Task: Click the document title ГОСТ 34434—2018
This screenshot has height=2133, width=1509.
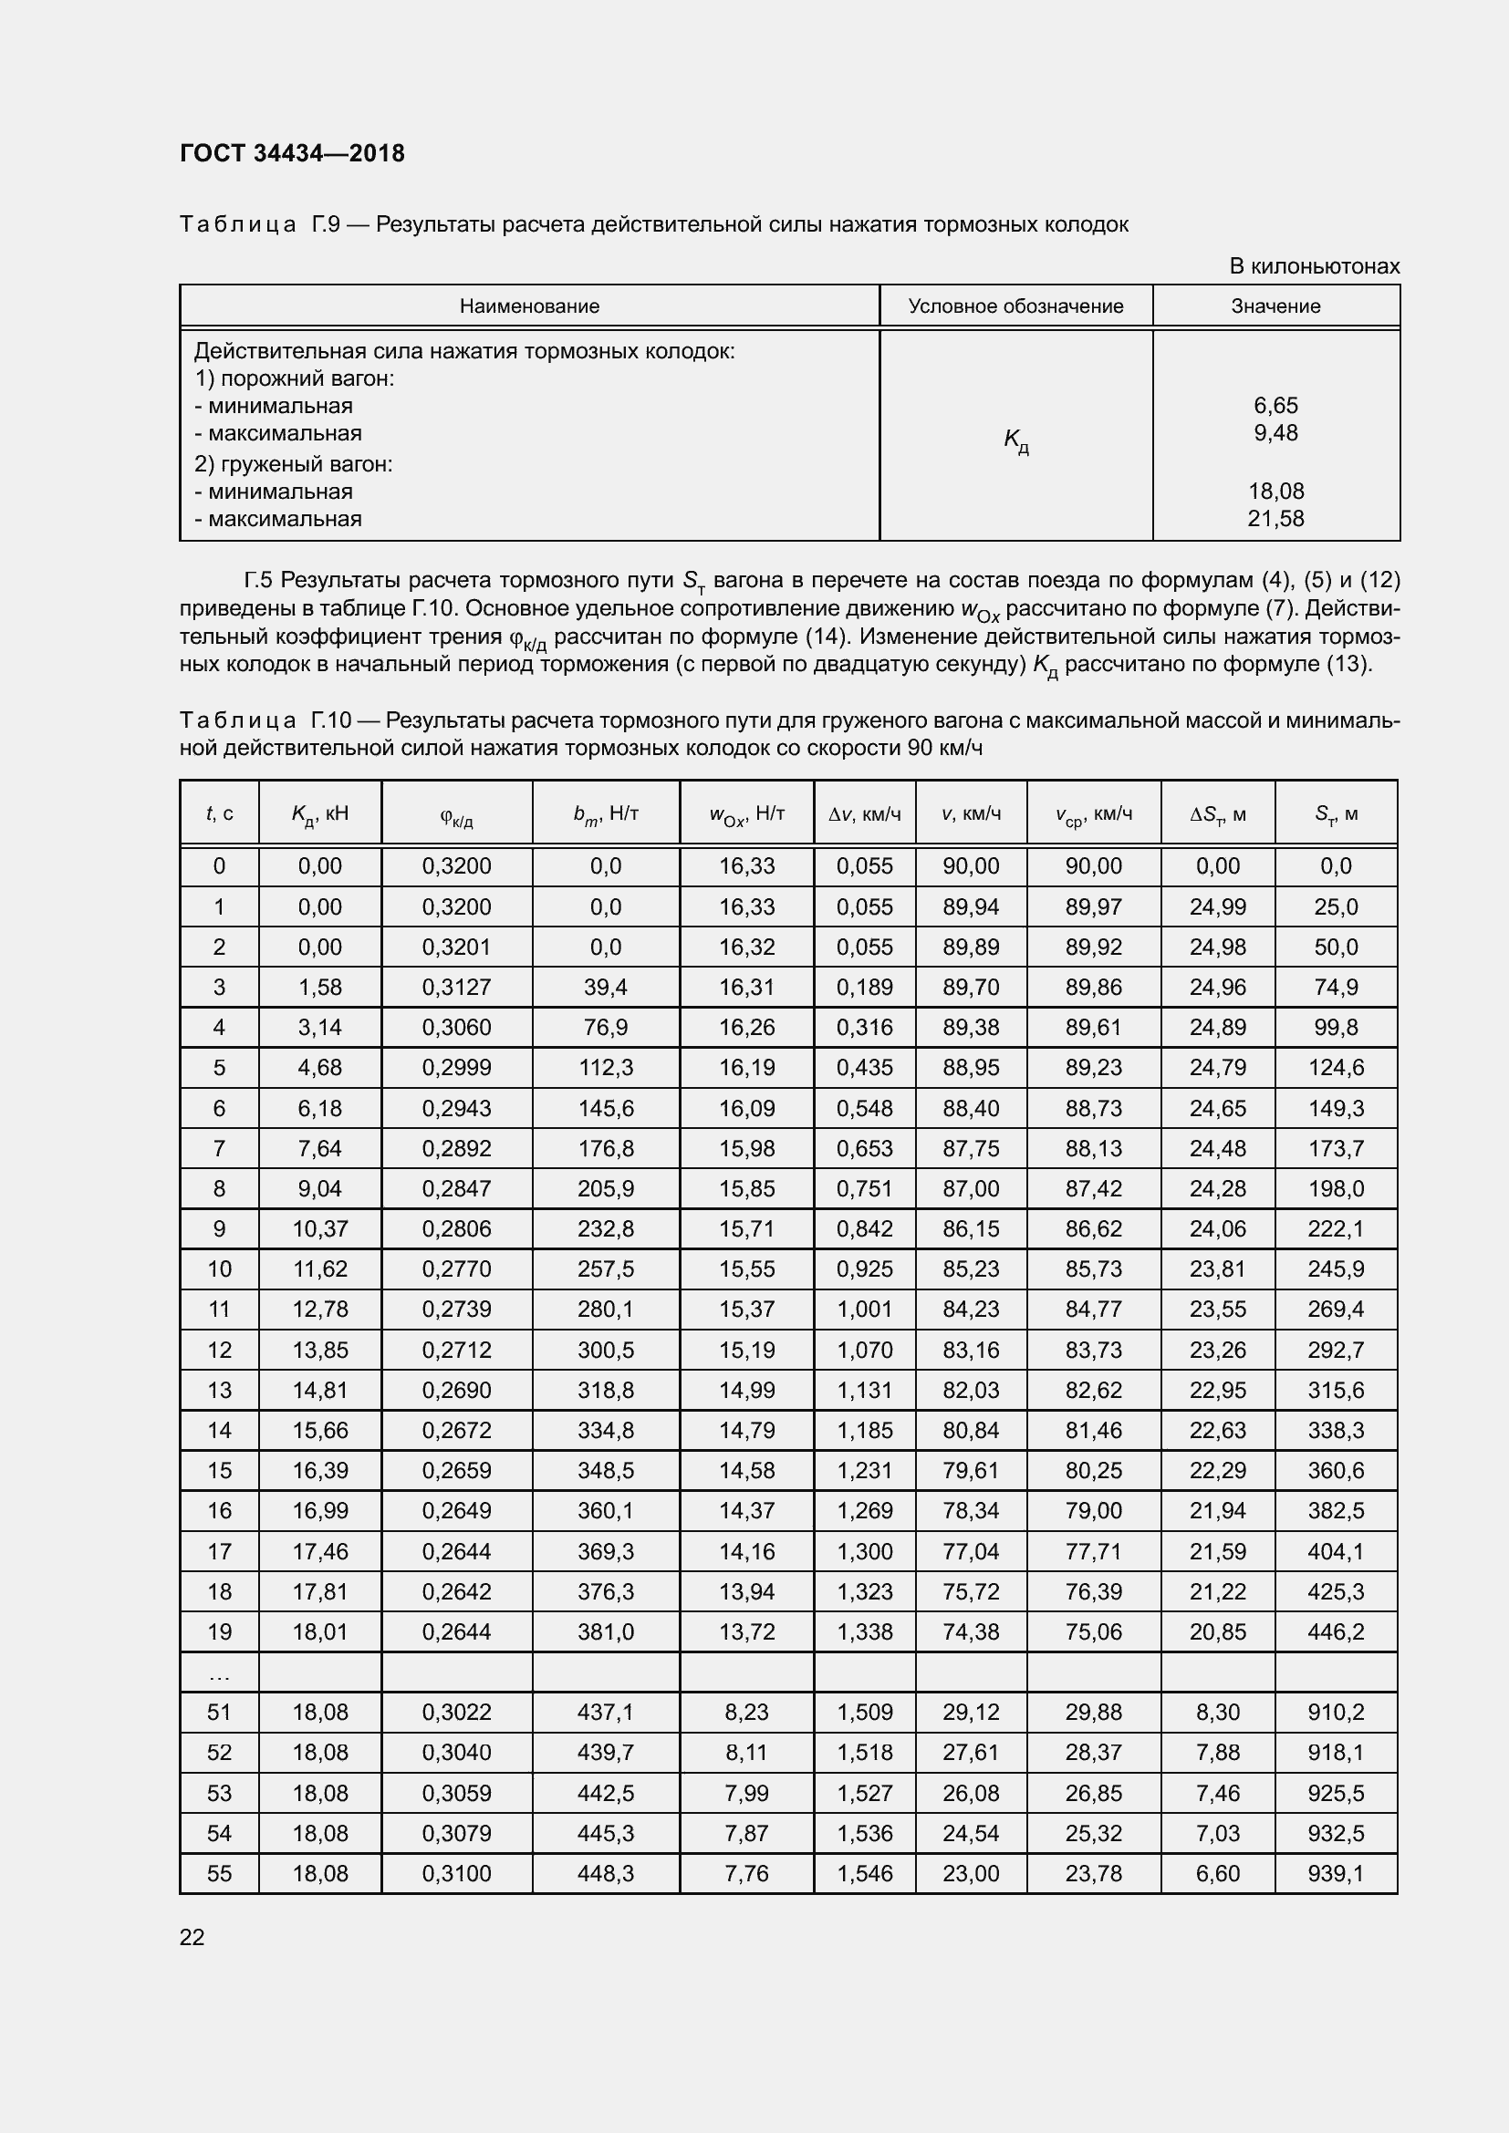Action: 292,153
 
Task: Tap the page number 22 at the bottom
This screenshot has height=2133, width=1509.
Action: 192,1937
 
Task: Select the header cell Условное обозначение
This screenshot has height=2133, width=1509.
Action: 1015,305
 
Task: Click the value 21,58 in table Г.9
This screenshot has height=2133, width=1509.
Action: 1275,518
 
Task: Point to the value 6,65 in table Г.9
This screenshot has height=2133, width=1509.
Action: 1275,405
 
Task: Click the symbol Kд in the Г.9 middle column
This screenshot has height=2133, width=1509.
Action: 1015,440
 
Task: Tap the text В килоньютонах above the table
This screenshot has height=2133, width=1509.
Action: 1314,266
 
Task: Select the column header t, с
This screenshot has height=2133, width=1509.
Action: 219,813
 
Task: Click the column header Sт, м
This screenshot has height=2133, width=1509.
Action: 1336,813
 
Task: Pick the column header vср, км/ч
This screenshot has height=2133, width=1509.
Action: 1093,813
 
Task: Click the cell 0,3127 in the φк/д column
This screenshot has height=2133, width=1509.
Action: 456,987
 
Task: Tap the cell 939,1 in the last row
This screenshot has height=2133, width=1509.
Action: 1336,1873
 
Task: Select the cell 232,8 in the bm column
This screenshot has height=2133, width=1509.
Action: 606,1228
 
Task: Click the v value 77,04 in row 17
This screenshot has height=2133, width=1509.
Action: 971,1550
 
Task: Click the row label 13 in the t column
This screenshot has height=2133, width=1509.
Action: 219,1390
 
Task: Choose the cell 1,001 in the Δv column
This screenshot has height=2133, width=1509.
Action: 864,1309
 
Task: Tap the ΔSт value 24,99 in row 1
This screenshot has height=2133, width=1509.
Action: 1217,906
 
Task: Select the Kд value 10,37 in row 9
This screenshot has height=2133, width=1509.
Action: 319,1228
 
